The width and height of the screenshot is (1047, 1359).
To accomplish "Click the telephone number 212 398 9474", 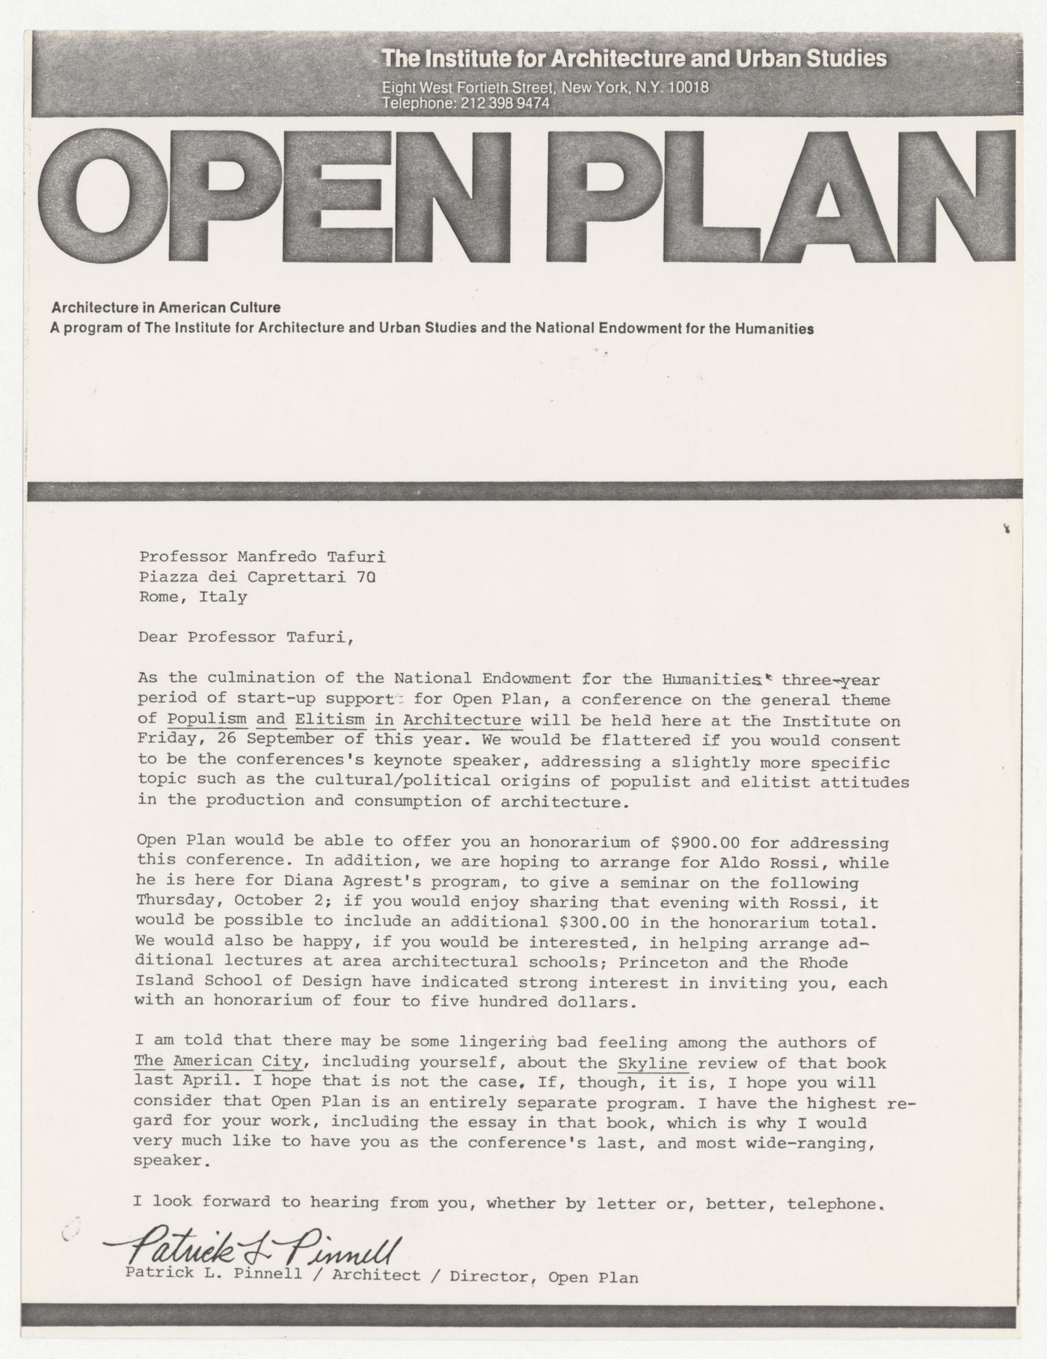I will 505,104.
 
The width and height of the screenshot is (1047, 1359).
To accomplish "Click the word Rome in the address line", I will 159,597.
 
